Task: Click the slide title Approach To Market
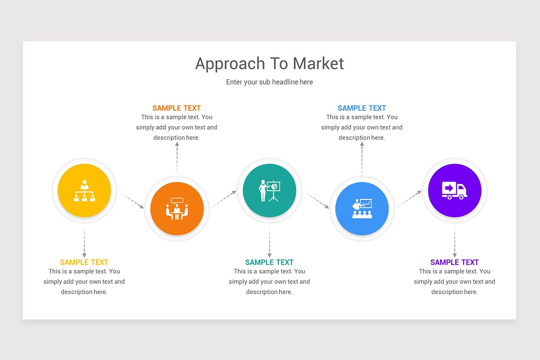pyautogui.click(x=270, y=63)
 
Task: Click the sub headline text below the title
pyautogui.click(x=270, y=82)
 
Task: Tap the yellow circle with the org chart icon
pyautogui.click(x=84, y=190)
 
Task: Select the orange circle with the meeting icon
pyautogui.click(x=177, y=209)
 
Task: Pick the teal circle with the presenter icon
pyautogui.click(x=270, y=190)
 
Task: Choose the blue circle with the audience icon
pyautogui.click(x=362, y=209)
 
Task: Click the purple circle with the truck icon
pyautogui.click(x=454, y=190)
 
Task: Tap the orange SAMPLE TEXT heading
pyautogui.click(x=176, y=108)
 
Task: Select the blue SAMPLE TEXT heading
pyautogui.click(x=362, y=108)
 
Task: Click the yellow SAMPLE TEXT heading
pyautogui.click(x=84, y=262)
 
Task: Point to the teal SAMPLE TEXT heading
pyautogui.click(x=270, y=262)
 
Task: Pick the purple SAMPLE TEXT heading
pyautogui.click(x=454, y=262)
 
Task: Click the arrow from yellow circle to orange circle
pyautogui.click(x=131, y=200)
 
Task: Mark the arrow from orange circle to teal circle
pyautogui.click(x=224, y=199)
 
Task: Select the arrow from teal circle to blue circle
pyautogui.click(x=317, y=200)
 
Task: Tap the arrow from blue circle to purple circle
pyautogui.click(x=409, y=199)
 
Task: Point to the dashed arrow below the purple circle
pyautogui.click(x=454, y=242)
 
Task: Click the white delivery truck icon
pyautogui.click(x=454, y=190)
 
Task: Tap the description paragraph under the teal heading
pyautogui.click(x=270, y=282)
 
